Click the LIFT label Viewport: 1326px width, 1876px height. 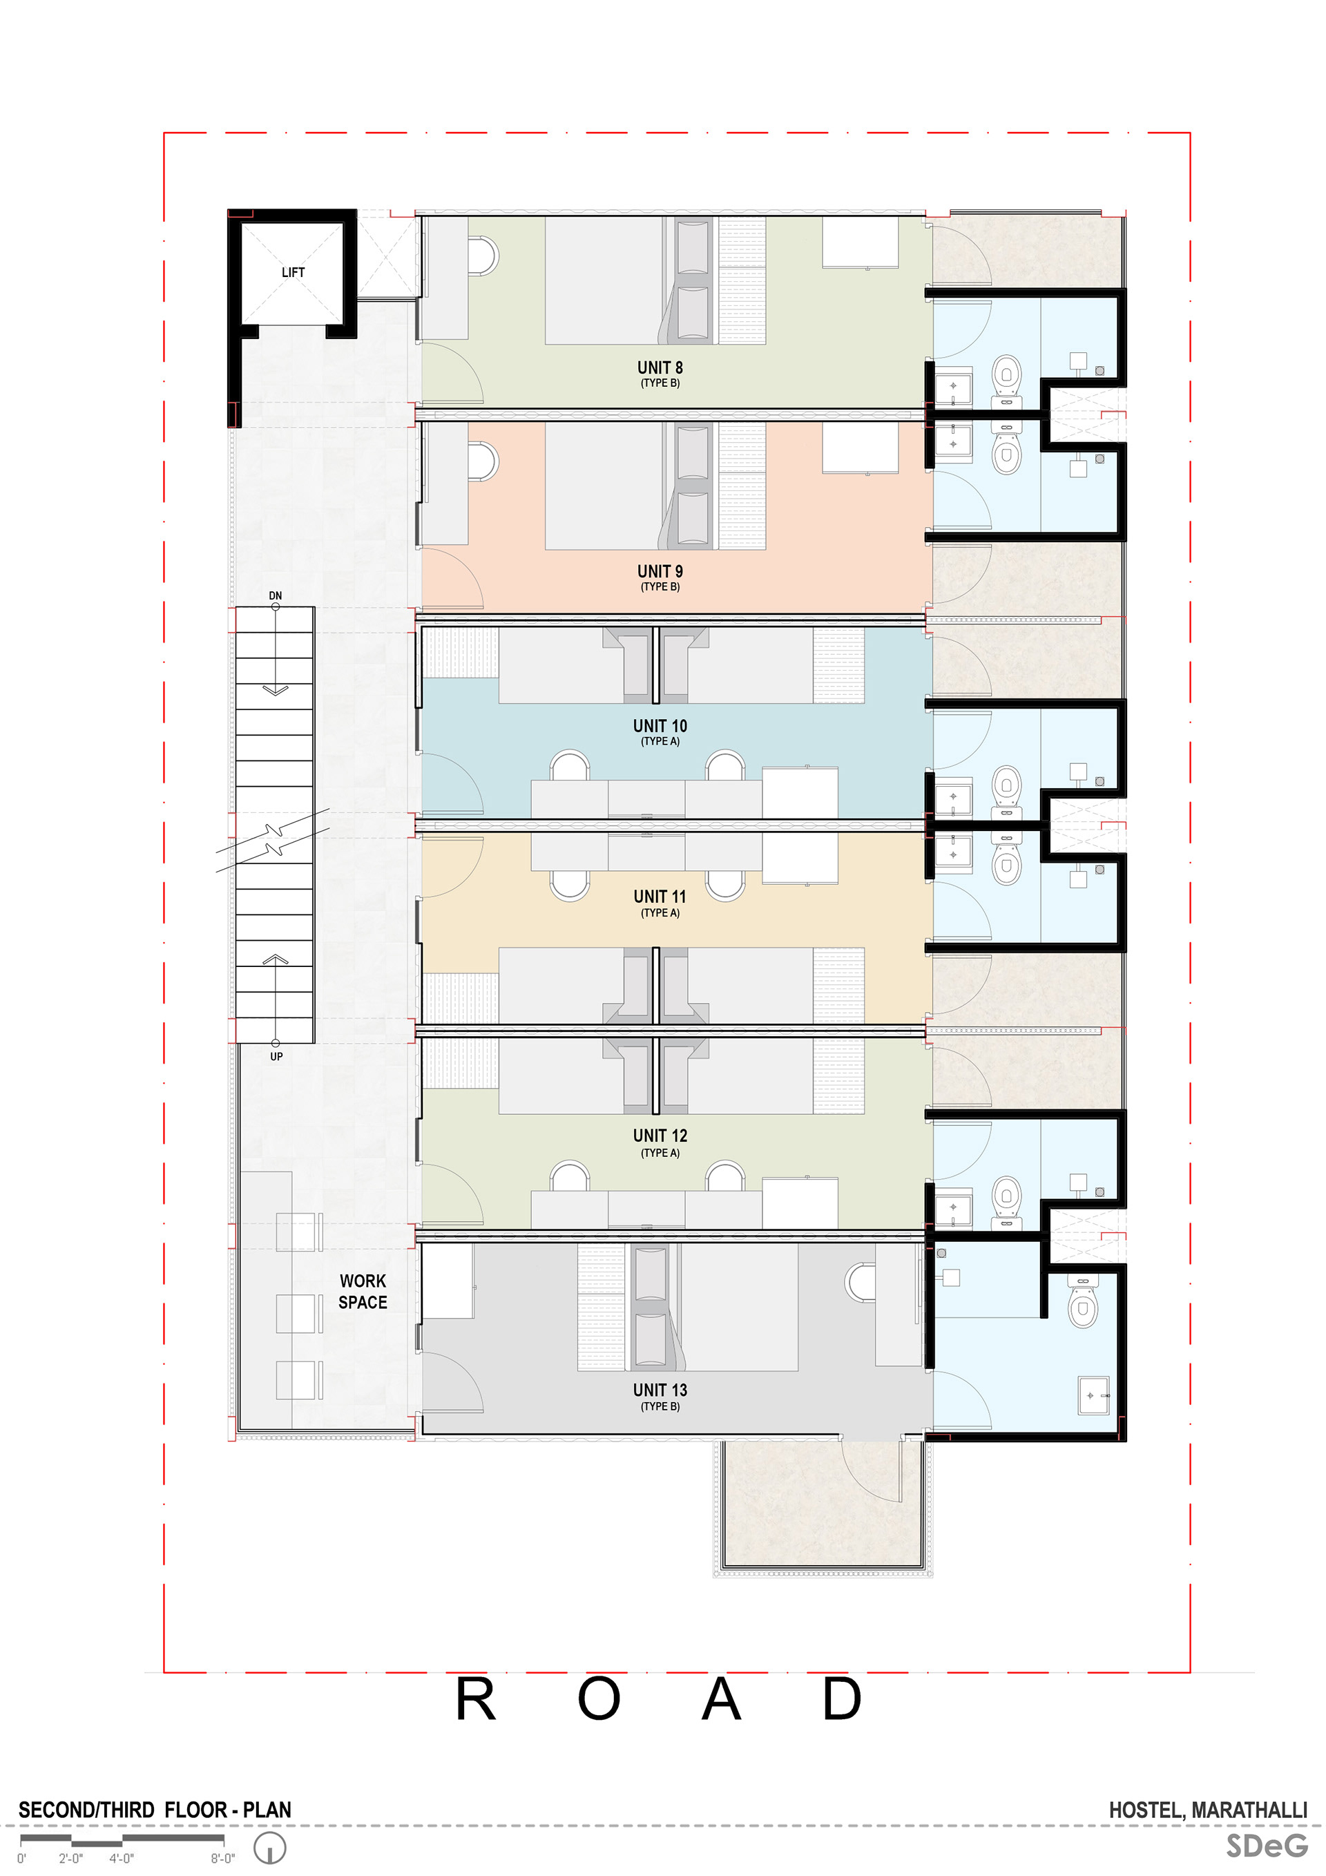click(x=293, y=272)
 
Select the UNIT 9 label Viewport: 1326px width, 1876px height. click(x=660, y=571)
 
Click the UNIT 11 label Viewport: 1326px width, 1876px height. click(x=660, y=897)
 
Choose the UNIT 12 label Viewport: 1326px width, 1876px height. click(x=660, y=1136)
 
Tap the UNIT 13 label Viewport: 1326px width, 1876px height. click(x=660, y=1390)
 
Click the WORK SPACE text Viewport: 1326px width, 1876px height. click(x=363, y=1291)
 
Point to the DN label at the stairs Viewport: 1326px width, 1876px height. click(x=276, y=595)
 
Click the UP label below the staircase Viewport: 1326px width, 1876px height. click(x=276, y=1057)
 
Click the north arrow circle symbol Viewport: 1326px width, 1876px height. click(x=269, y=1848)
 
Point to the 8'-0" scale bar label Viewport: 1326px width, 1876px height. click(x=222, y=1858)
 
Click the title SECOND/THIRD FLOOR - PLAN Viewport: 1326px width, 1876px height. click(x=155, y=1810)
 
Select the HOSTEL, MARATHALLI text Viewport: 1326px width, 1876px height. click(x=1207, y=1810)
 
